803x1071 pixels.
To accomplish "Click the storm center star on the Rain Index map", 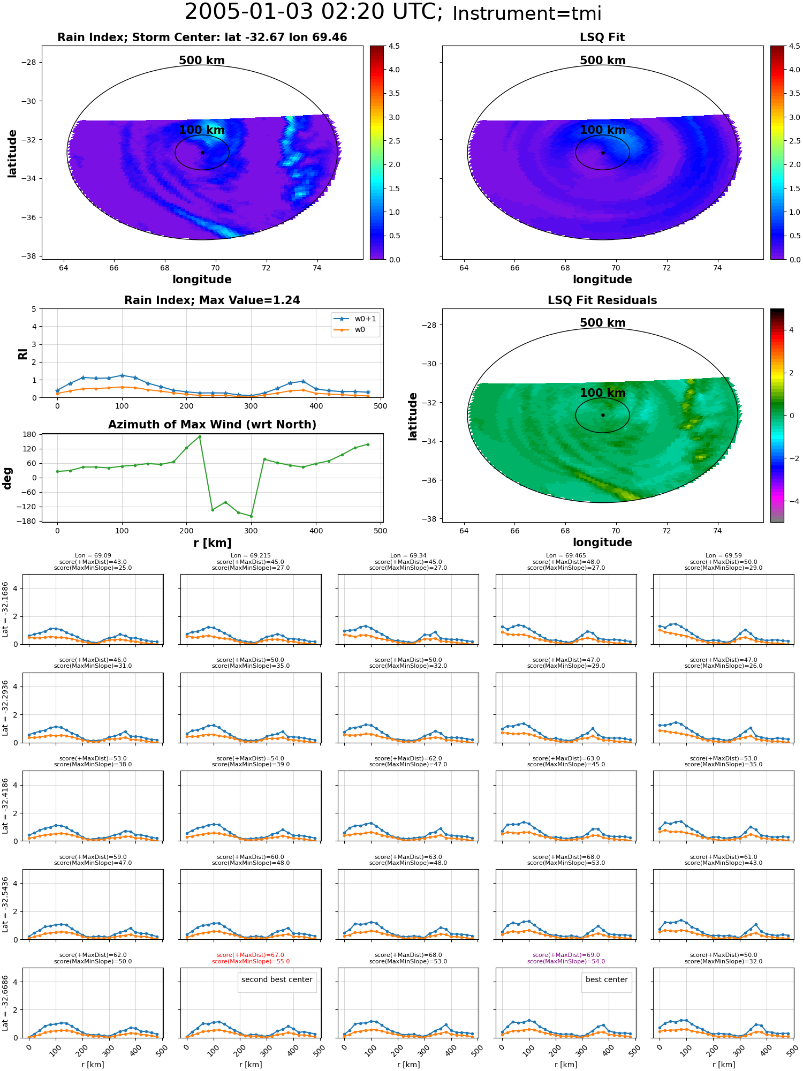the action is [x=202, y=153].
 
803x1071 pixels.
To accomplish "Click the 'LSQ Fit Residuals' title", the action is [x=602, y=300].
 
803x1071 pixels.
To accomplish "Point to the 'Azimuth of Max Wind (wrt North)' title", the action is [x=213, y=425].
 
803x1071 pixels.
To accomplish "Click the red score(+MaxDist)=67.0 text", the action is [x=251, y=955].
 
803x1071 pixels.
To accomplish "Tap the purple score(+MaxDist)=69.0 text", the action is [x=566, y=955].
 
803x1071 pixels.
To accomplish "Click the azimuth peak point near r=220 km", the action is [x=200, y=436].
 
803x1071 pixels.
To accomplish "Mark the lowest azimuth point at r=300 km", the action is [x=251, y=516].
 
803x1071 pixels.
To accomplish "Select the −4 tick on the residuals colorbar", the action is [x=791, y=501].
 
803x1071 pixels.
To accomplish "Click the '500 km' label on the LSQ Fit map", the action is [x=602, y=61].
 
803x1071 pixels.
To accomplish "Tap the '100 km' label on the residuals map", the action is [x=602, y=393].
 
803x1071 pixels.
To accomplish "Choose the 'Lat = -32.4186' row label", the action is [x=5, y=806].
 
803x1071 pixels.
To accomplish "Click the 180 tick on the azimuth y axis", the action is [x=29, y=434].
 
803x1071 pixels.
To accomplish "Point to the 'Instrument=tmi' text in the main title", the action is [x=527, y=14].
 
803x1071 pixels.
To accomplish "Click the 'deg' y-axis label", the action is [x=7, y=478].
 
